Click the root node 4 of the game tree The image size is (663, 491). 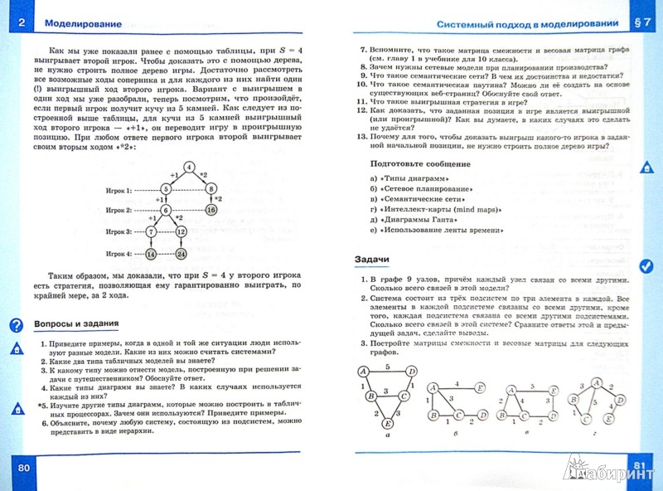pyautogui.click(x=190, y=168)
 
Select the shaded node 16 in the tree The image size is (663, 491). pyautogui.click(x=211, y=210)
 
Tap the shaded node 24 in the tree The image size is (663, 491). pyautogui.click(x=181, y=254)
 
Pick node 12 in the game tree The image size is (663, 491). pyautogui.click(x=181, y=231)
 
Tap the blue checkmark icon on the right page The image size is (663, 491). pyautogui.click(x=646, y=266)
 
